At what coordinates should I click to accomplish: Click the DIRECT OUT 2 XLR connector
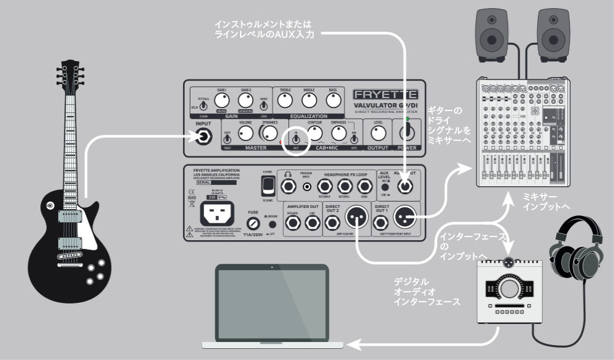357,216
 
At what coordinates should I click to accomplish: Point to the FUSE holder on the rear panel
252,222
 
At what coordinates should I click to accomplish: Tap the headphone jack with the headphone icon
288,185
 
